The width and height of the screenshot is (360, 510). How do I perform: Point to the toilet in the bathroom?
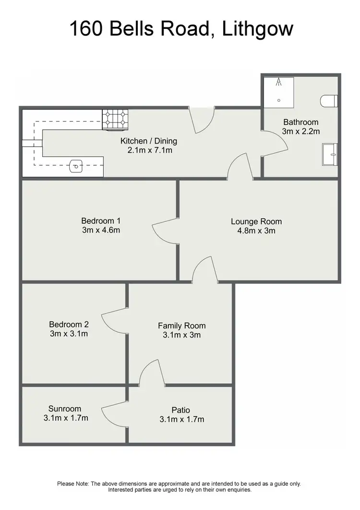coord(329,101)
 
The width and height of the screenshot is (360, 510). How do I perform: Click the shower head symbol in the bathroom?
coord(278,83)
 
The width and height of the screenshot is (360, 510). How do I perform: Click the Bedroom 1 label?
coord(100,221)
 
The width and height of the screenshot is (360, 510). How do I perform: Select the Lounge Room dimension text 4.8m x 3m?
coord(256,231)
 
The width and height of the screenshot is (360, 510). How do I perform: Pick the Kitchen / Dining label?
coord(148,141)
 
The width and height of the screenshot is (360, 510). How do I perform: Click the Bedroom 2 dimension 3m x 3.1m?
coord(68,334)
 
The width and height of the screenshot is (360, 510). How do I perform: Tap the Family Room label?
coord(181,326)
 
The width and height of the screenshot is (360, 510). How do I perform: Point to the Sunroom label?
coord(64,409)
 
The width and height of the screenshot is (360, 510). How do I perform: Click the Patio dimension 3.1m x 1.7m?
coord(181,419)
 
